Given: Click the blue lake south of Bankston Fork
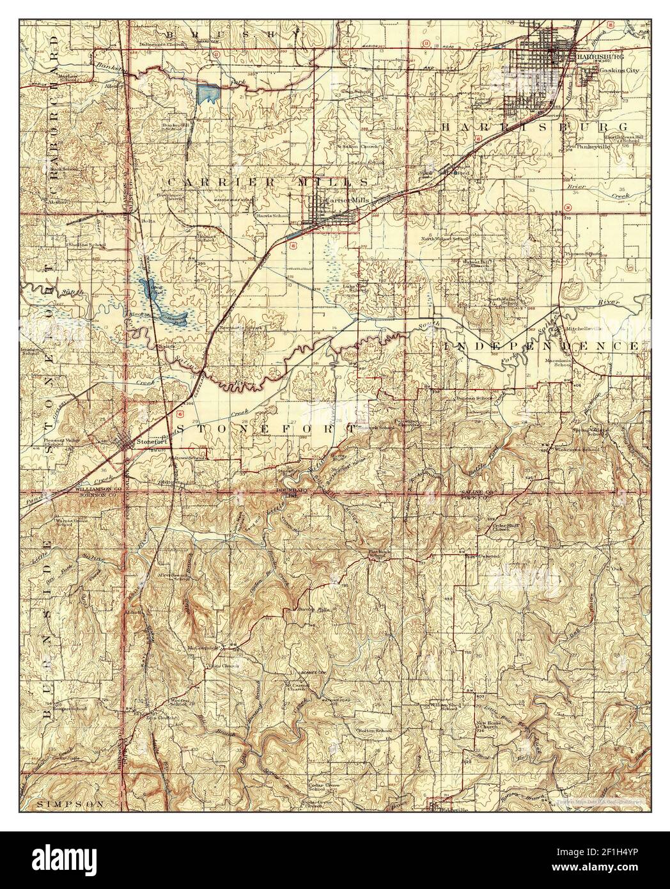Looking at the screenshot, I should click(x=208, y=94).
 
